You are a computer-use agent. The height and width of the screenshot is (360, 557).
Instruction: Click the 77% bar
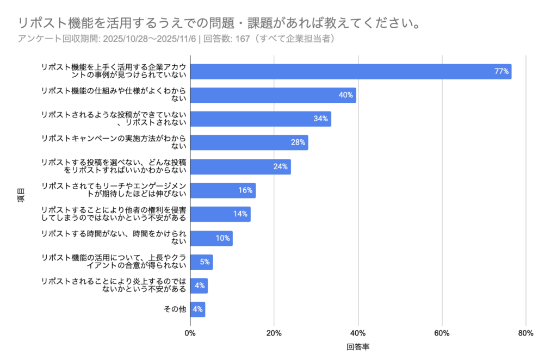350,71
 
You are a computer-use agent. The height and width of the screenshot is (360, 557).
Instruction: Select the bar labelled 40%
273,95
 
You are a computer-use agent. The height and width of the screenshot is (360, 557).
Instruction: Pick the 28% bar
249,142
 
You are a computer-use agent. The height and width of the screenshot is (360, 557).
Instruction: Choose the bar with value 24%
240,166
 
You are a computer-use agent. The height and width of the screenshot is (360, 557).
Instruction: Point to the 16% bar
222,190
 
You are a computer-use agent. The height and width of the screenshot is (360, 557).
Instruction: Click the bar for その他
197,309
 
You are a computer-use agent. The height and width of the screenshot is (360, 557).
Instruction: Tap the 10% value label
222,238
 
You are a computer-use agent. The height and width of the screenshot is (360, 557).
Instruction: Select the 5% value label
205,262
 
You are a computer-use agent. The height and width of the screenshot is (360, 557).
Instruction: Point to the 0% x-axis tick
190,333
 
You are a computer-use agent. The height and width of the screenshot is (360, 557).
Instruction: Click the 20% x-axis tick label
274,333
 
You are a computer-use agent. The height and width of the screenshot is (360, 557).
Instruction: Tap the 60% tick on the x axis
442,333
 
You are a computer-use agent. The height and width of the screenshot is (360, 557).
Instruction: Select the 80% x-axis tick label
526,333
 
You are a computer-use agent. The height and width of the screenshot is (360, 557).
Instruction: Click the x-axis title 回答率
358,346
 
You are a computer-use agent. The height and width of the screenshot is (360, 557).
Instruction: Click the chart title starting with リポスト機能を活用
218,23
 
